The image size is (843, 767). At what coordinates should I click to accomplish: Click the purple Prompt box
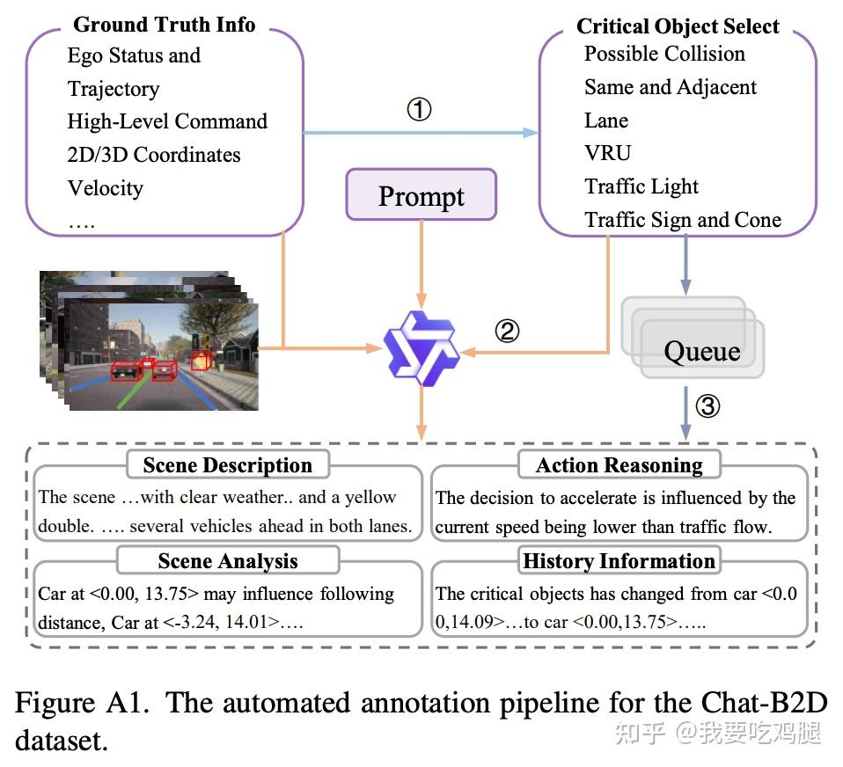(x=421, y=195)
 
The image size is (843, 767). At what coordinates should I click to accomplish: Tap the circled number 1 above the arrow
(x=419, y=110)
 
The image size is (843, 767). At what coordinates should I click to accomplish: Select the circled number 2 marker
(x=507, y=331)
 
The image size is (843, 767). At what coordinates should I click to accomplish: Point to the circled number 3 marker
(x=708, y=405)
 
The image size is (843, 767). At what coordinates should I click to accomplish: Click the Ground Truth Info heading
(x=164, y=25)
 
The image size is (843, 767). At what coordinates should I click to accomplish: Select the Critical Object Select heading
(x=678, y=26)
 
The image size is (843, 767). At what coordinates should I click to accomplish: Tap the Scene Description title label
(x=227, y=465)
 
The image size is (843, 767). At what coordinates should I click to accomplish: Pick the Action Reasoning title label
(x=619, y=465)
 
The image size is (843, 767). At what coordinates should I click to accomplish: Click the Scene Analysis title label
(x=227, y=561)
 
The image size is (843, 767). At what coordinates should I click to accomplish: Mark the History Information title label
(x=619, y=561)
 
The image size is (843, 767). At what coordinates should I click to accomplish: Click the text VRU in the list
(x=607, y=153)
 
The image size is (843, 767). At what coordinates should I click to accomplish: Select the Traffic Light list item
(x=641, y=186)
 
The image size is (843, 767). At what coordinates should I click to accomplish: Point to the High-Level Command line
(x=167, y=121)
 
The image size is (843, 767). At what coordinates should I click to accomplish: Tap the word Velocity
(x=105, y=188)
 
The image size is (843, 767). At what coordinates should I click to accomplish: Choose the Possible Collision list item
(x=664, y=54)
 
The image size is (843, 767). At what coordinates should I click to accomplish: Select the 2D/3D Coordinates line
(x=154, y=155)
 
